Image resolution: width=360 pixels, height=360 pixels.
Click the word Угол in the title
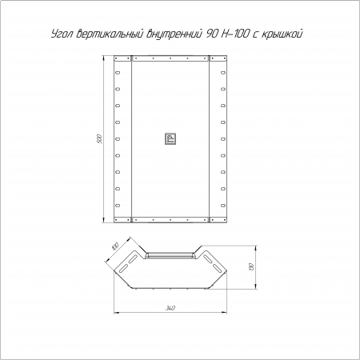(x=62, y=34)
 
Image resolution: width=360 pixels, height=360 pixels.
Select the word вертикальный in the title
(x=110, y=34)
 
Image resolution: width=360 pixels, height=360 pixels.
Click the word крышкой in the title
(x=282, y=34)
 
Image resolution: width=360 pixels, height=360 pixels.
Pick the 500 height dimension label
(x=99, y=139)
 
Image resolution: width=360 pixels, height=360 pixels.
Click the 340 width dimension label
(x=170, y=308)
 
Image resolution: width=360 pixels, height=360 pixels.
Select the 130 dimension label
(x=251, y=266)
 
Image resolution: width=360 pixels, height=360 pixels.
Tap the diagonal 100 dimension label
(x=115, y=246)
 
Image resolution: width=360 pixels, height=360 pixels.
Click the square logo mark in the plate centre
(x=170, y=138)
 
